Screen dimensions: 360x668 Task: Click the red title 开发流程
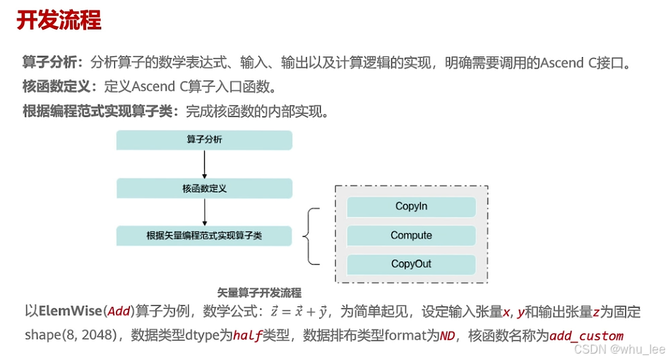click(59, 20)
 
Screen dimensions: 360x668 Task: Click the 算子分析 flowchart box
click(204, 140)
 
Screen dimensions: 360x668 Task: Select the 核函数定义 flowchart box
click(204, 188)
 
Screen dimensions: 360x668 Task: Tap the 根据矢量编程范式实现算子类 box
click(204, 236)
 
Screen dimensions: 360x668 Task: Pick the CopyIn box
click(411, 207)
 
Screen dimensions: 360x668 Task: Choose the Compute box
click(411, 236)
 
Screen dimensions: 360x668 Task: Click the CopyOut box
click(411, 265)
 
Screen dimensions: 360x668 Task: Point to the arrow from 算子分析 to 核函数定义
click(204, 164)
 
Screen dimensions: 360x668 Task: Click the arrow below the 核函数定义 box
click(204, 212)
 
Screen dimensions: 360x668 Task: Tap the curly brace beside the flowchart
click(311, 236)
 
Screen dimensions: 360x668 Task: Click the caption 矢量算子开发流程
click(259, 292)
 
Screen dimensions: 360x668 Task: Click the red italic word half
click(248, 336)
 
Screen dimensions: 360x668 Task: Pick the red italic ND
click(448, 336)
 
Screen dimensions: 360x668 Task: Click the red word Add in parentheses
click(119, 311)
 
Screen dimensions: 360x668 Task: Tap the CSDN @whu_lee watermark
click(619, 349)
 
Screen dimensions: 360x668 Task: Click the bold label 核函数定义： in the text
click(63, 87)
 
